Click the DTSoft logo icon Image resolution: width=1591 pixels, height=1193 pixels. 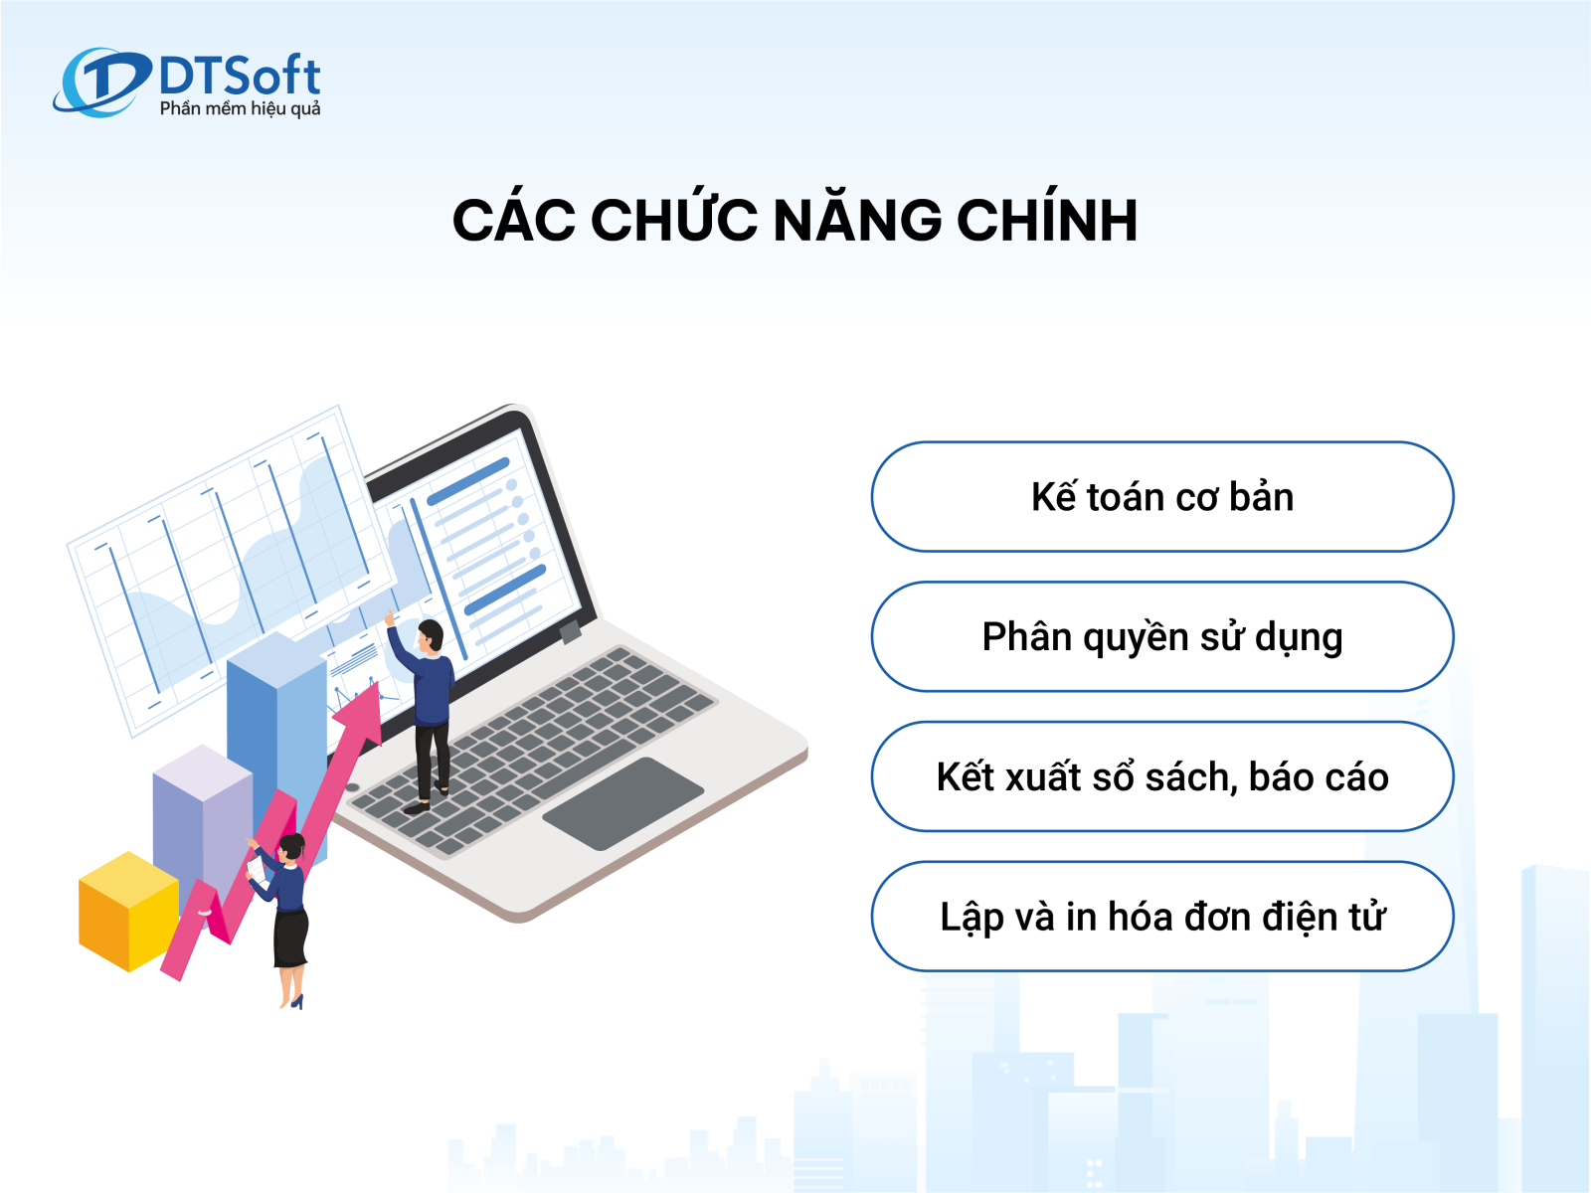[101, 82]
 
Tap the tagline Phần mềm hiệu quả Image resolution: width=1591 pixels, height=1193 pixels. [240, 108]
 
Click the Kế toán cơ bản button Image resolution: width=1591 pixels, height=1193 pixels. [1161, 497]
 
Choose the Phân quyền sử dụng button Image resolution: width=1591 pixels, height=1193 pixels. [1161, 636]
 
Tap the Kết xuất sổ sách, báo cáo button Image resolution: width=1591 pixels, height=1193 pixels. [1161, 776]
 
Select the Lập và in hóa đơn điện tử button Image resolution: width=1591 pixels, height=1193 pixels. [1161, 917]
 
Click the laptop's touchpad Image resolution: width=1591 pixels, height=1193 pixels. [622, 803]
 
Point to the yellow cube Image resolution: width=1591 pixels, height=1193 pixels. [129, 912]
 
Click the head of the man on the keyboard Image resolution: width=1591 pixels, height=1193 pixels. [430, 636]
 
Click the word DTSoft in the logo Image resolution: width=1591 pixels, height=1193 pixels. [240, 76]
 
